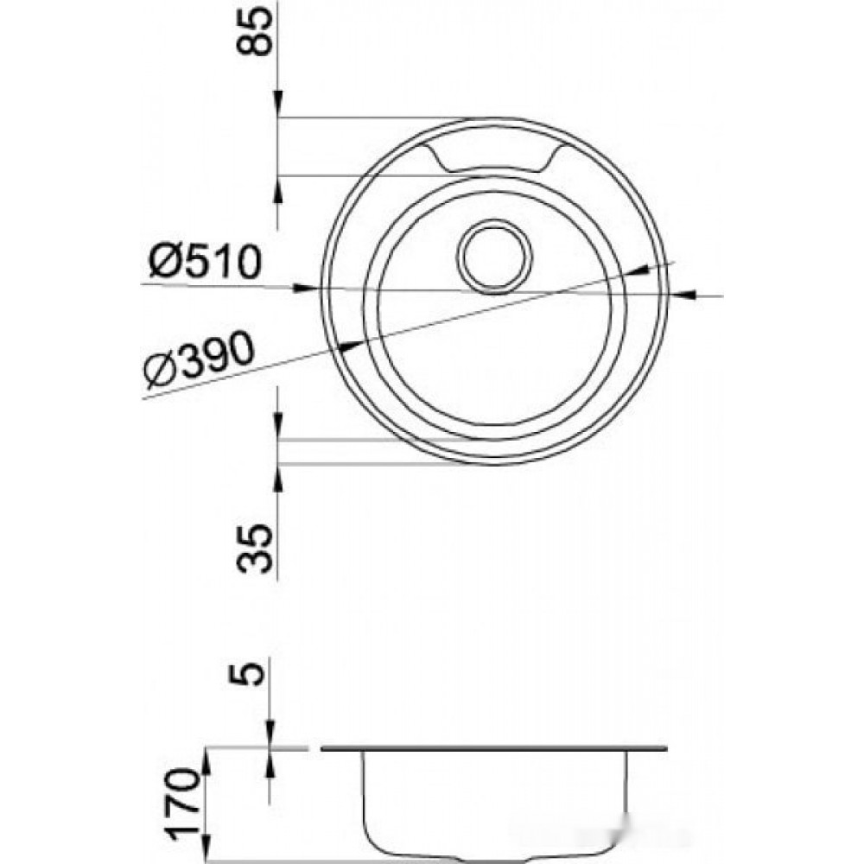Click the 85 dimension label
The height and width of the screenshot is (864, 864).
coord(255,31)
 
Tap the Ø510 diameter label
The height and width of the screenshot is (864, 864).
coord(205,261)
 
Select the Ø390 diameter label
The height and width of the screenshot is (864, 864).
coord(200,359)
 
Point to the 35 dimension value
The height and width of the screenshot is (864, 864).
coord(255,549)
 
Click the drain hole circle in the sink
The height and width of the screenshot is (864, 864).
coord(494,257)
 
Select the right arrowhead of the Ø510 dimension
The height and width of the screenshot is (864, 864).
coord(682,295)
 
